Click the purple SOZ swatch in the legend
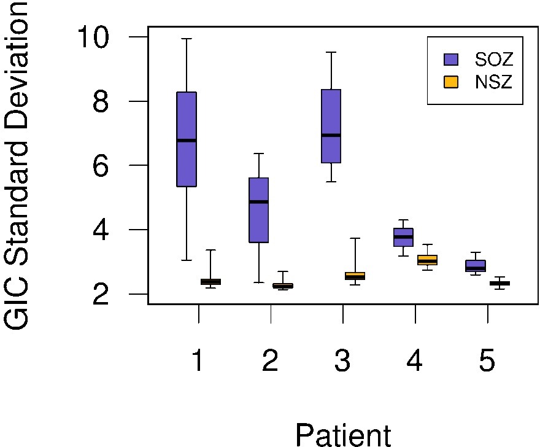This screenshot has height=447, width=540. (451, 59)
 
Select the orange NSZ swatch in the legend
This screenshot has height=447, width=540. (451, 82)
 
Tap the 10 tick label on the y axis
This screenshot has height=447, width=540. (93, 37)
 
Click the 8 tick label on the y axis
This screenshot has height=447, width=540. (101, 102)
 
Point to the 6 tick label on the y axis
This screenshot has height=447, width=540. (101, 166)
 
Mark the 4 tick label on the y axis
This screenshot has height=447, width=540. (101, 230)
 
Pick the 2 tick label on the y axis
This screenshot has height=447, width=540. (101, 295)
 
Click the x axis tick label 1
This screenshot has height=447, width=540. (198, 361)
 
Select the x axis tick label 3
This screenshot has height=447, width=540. (342, 361)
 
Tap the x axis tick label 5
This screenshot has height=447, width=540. (487, 361)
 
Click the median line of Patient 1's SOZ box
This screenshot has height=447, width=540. (187, 141)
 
